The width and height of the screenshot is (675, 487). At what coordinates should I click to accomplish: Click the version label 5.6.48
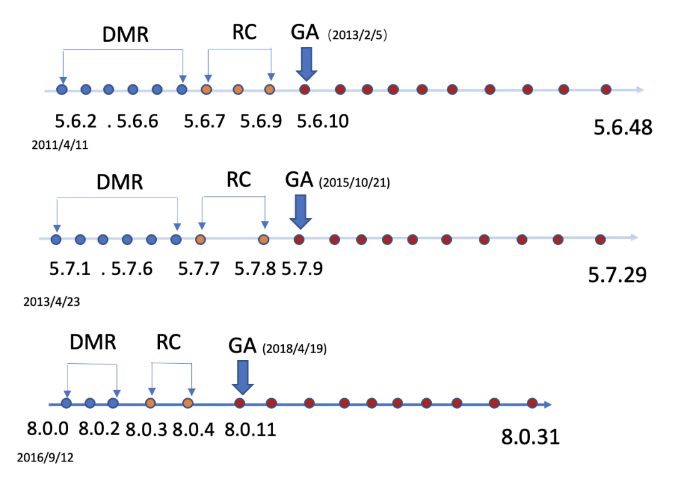click(x=622, y=128)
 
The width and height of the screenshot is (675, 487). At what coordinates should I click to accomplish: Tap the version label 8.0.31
click(x=530, y=436)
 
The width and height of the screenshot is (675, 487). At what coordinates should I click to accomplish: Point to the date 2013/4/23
click(x=51, y=301)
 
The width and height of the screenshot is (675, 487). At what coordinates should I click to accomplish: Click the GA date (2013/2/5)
click(x=358, y=36)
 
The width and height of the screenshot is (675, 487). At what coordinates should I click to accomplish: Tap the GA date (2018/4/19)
click(x=295, y=349)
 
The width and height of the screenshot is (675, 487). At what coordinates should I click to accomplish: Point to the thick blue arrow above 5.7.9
click(x=301, y=211)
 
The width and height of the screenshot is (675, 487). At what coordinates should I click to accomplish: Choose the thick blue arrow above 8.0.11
click(x=242, y=376)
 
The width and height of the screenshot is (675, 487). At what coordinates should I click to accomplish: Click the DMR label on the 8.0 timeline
click(x=92, y=343)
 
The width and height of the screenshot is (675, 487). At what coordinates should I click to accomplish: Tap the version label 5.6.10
click(x=322, y=121)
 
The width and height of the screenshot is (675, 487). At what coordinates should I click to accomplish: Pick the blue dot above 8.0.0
click(x=66, y=403)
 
